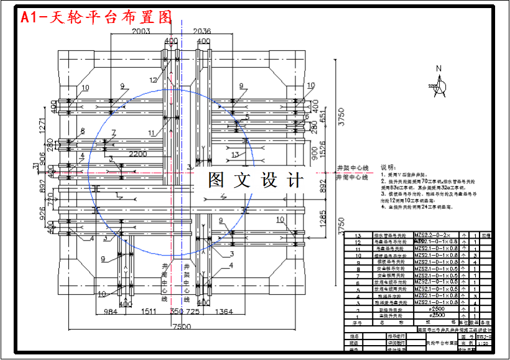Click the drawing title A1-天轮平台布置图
(96, 17)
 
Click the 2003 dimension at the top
(142, 31)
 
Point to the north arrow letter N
(438, 68)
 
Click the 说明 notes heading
(387, 167)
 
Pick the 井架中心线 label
(353, 168)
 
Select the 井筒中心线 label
(353, 177)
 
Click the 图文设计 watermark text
(255, 180)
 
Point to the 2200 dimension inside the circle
(138, 153)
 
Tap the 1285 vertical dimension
(323, 217)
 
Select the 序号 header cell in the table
(358, 323)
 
